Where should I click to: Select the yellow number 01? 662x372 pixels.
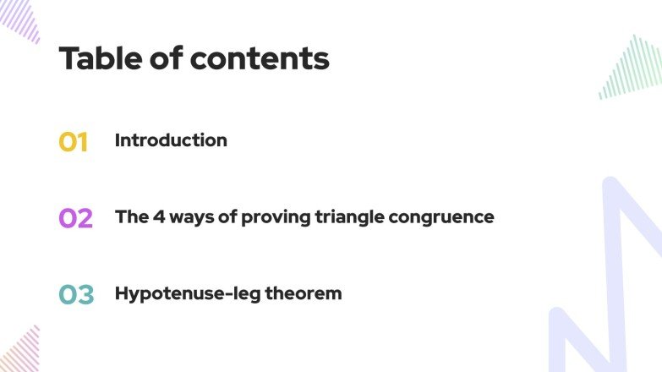coord(74,142)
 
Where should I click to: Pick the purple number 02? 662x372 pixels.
coord(75,218)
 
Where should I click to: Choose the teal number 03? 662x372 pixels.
coord(76,294)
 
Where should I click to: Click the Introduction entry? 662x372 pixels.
coord(171,140)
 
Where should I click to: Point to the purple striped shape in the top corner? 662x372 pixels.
coord(20,19)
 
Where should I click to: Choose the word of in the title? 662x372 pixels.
coord(166,58)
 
